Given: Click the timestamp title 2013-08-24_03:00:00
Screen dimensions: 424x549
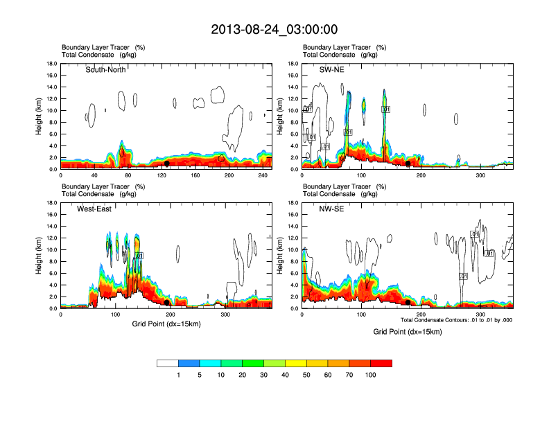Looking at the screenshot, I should pos(274,29).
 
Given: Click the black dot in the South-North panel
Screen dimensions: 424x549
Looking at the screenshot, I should pos(167,164).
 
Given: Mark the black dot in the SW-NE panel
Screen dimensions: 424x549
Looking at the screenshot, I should pos(408,164).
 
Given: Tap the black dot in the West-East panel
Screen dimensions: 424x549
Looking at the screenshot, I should pos(167,303).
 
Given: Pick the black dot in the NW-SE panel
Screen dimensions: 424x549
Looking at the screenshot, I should pos(408,303).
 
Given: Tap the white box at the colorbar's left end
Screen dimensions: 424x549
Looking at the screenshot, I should pos(168,362).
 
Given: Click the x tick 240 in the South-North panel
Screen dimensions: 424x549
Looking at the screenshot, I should pos(263,175).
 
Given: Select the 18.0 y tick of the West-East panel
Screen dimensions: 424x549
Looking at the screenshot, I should pos(51,203).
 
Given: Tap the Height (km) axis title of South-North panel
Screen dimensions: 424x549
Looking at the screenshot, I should pos(39,116).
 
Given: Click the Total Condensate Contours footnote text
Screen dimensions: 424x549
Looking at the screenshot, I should pos(455,319).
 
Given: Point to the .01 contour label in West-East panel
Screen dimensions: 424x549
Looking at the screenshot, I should pos(139,256).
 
